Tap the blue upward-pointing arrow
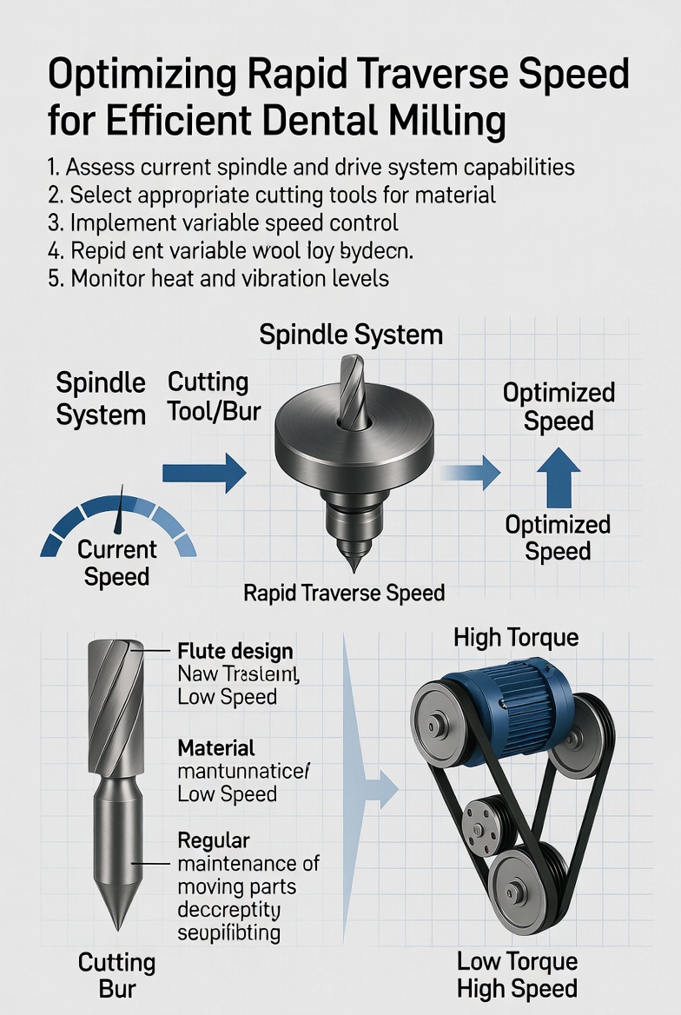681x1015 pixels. [558, 481]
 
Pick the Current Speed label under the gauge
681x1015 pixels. [117, 563]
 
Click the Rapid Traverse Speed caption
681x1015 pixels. [344, 594]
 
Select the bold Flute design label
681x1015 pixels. [235, 651]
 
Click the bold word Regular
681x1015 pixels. [214, 840]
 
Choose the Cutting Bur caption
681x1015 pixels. [116, 975]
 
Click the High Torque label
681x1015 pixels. [516, 639]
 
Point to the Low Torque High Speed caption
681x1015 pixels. [517, 975]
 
